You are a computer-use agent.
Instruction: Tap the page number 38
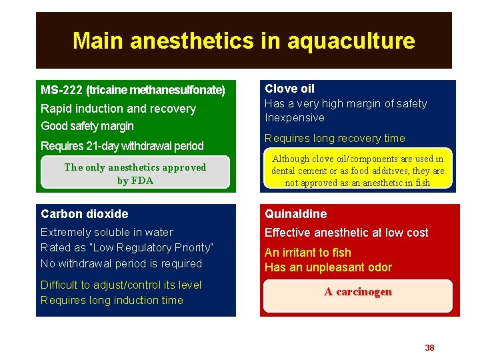(x=429, y=347)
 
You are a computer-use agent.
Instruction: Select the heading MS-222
(x=61, y=90)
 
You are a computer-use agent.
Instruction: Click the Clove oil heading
(x=289, y=89)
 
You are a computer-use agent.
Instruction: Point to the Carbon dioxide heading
(x=85, y=214)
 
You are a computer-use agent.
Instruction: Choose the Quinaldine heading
(x=296, y=214)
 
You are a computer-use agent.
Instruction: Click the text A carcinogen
(x=358, y=292)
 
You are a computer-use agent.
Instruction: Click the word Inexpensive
(x=295, y=118)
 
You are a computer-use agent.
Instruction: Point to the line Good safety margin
(x=87, y=126)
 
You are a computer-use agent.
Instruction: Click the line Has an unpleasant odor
(x=328, y=267)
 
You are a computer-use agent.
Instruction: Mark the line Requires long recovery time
(x=335, y=139)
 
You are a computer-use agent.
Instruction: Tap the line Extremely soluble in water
(x=107, y=232)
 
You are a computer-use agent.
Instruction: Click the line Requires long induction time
(x=111, y=300)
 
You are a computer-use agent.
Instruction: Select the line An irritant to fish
(x=307, y=253)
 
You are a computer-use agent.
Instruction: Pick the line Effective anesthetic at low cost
(x=346, y=233)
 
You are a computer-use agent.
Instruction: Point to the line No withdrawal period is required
(x=121, y=263)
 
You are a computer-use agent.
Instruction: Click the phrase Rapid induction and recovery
(x=118, y=109)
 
